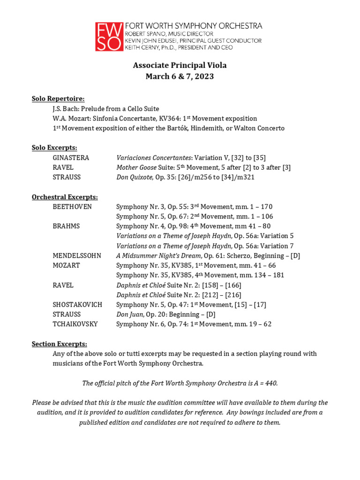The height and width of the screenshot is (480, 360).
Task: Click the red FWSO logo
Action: coord(109,37)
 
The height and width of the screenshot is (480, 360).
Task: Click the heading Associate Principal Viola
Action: coord(180,65)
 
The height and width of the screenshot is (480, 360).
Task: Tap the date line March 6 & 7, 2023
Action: coord(180,76)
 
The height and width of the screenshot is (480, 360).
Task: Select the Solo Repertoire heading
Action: coord(58,99)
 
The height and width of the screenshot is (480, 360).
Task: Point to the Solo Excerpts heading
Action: coord(54,148)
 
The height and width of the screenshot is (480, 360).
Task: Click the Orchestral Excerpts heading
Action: coord(65,197)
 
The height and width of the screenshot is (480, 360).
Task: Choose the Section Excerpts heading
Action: coord(59,344)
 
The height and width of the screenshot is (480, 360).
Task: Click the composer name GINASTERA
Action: coord(71,157)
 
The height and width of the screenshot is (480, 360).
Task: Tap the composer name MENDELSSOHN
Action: coord(77,255)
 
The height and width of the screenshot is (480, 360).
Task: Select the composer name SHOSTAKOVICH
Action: coord(77,304)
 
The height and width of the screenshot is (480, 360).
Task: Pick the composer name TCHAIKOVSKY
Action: coord(75,324)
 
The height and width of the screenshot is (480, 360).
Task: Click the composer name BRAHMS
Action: coord(66,226)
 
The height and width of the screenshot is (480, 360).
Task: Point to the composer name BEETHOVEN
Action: coord(72,207)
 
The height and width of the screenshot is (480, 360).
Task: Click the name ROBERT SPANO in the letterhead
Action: coord(145,34)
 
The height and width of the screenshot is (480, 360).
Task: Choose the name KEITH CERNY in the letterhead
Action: coord(143,47)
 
